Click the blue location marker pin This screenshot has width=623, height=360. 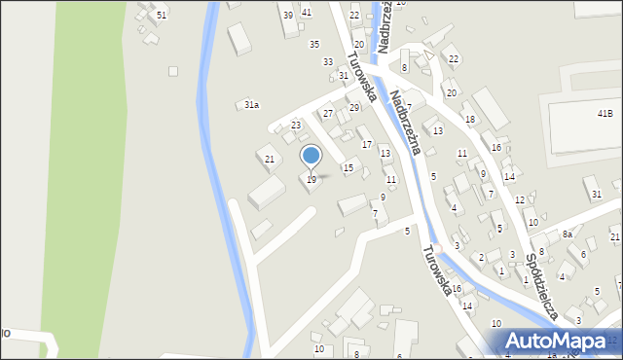click(x=311, y=156)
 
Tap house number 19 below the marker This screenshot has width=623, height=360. click(x=311, y=180)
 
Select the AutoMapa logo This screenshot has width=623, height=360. click(x=557, y=341)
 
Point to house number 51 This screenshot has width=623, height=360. click(x=162, y=16)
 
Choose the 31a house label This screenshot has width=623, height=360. click(x=251, y=104)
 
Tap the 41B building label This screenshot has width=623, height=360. click(x=605, y=114)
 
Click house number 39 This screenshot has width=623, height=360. click(x=287, y=16)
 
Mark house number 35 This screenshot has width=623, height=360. click(x=313, y=45)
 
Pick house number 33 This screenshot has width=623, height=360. click(x=328, y=61)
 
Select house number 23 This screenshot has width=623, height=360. click(x=296, y=126)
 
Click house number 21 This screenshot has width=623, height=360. click(x=270, y=159)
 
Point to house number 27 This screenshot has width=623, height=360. click(x=328, y=114)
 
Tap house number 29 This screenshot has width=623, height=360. click(x=353, y=108)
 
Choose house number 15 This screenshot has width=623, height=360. click(x=348, y=168)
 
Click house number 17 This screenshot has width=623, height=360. click(x=367, y=145)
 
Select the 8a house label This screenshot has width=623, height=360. click(x=567, y=234)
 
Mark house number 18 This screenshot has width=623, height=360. click(x=469, y=120)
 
